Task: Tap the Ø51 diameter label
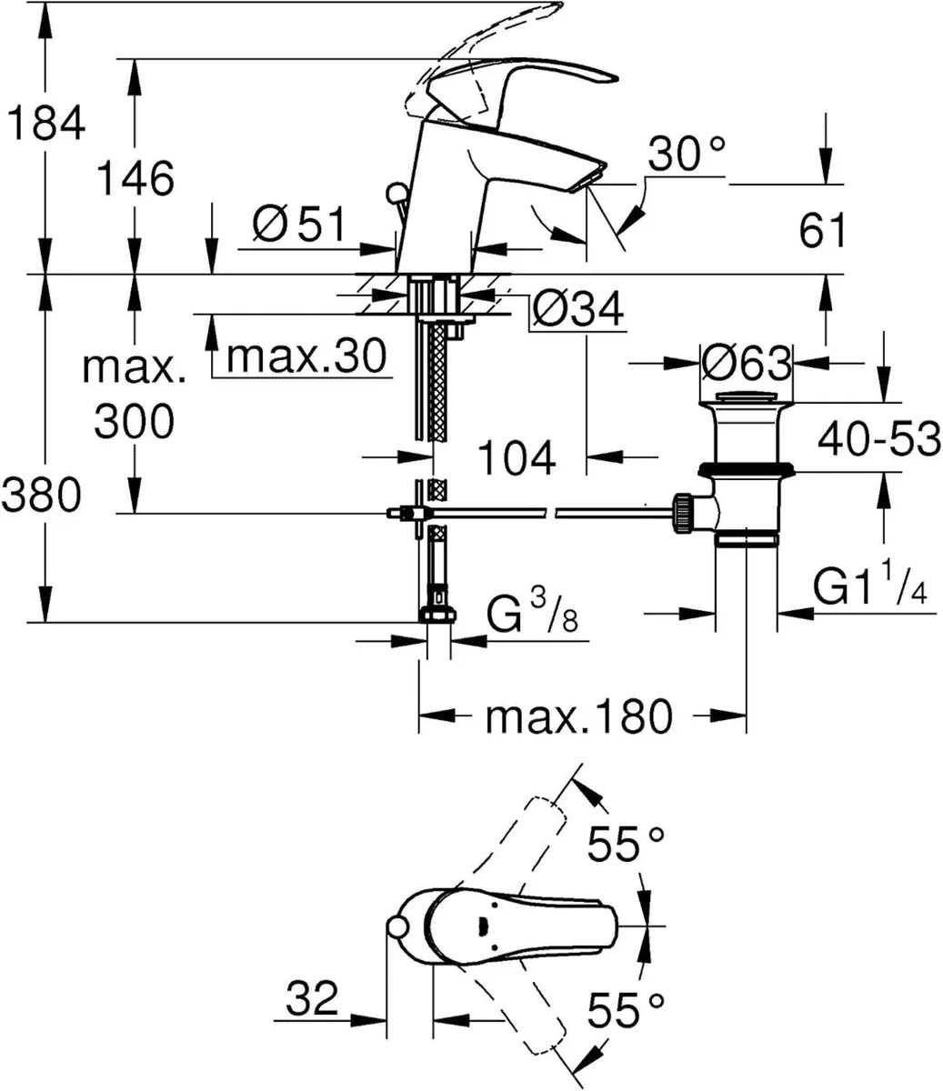(x=300, y=225)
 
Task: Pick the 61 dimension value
(x=823, y=231)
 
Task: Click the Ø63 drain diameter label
(x=747, y=365)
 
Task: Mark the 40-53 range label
(x=878, y=440)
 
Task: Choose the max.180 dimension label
(x=579, y=717)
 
